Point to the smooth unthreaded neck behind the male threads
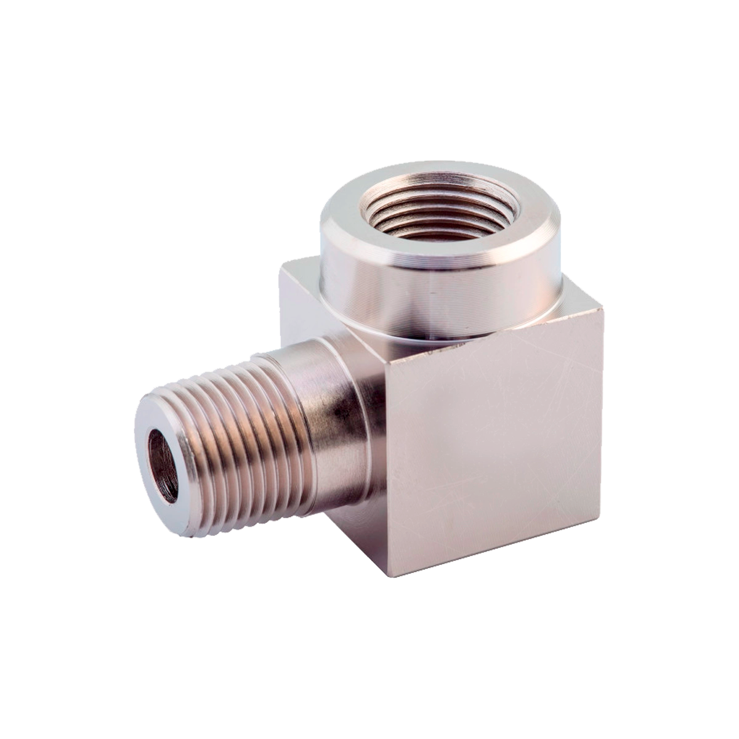(x=326, y=413)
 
